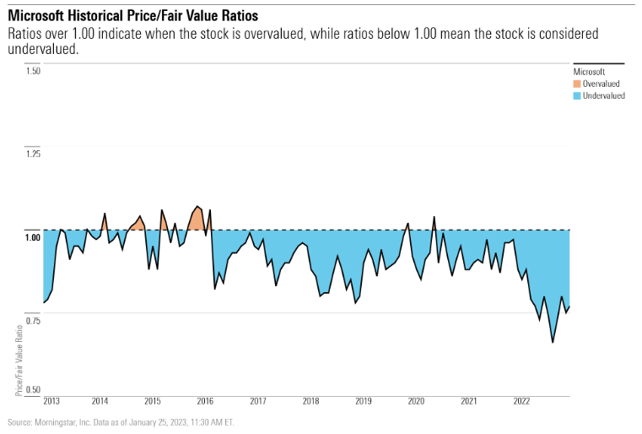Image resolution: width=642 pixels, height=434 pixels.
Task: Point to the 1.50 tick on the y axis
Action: (x=33, y=71)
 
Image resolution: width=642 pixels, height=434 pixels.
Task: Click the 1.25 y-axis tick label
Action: (x=33, y=154)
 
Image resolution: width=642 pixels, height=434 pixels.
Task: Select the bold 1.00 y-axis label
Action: (x=33, y=236)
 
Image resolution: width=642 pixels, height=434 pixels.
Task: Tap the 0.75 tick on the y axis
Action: (x=33, y=320)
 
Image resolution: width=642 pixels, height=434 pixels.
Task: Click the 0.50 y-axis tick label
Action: (x=33, y=389)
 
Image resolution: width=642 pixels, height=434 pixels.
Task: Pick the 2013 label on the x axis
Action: (x=51, y=401)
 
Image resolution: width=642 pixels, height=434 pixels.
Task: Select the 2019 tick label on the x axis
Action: (x=364, y=401)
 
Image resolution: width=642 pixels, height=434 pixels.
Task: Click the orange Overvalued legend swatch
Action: (x=577, y=84)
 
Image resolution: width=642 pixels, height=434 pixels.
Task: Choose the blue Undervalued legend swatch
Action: (x=577, y=95)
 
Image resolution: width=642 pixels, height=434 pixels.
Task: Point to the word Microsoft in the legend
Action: (x=589, y=73)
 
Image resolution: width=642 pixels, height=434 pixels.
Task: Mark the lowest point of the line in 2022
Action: (x=553, y=342)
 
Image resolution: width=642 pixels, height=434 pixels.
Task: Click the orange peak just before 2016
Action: (x=197, y=206)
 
